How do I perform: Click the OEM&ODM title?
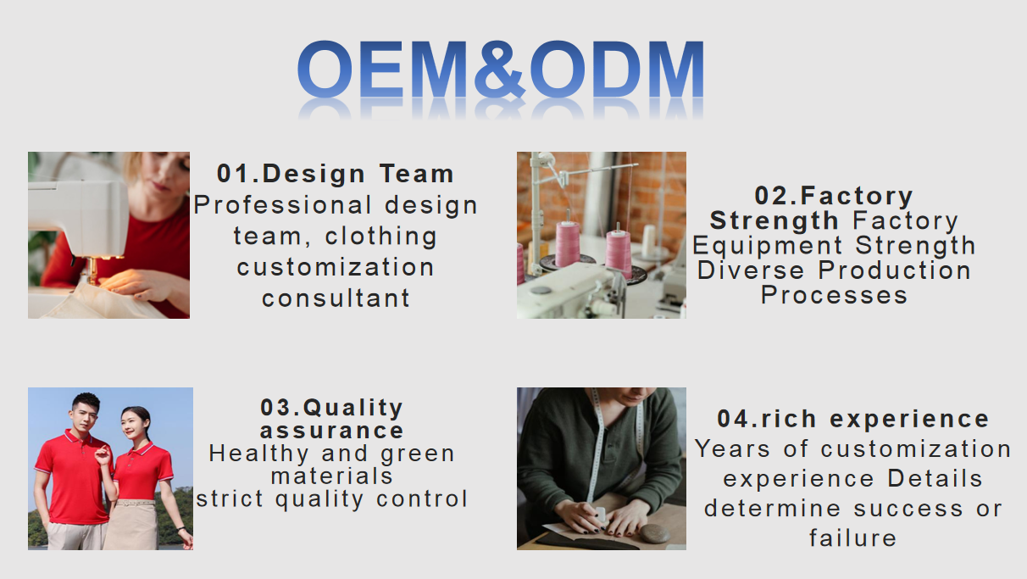click(x=500, y=70)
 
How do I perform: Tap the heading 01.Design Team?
click(x=336, y=174)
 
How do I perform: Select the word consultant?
click(x=336, y=298)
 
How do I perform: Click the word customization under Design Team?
click(x=336, y=267)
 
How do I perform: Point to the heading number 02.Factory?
click(x=834, y=196)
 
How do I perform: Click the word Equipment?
click(x=768, y=246)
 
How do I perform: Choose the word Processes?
click(x=834, y=294)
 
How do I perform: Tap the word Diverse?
click(x=751, y=270)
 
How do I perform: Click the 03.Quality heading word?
click(x=331, y=408)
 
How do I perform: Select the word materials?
click(x=332, y=476)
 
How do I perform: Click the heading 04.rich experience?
click(x=852, y=419)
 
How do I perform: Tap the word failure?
click(x=852, y=538)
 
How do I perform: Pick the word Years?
click(x=732, y=448)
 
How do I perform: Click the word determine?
click(x=773, y=509)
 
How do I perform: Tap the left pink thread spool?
click(x=568, y=243)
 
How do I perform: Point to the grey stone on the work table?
click(x=655, y=532)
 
